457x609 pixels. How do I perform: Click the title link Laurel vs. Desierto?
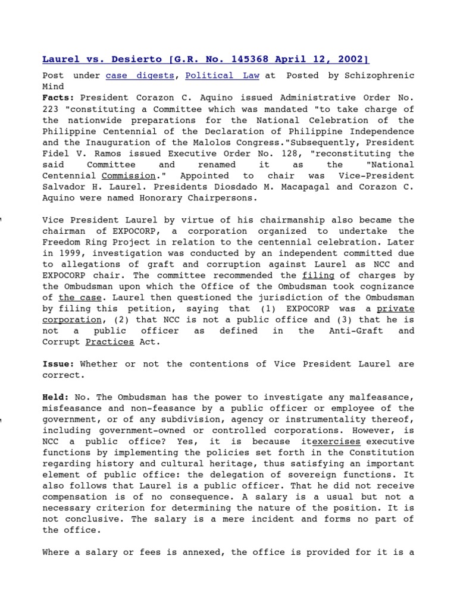coord(205,59)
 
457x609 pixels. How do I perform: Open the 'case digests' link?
coord(140,76)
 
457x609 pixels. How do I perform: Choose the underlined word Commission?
coord(129,176)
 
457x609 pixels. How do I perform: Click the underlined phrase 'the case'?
coord(75,297)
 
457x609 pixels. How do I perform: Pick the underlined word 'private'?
coord(395,309)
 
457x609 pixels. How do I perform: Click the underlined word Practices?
coord(109,342)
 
